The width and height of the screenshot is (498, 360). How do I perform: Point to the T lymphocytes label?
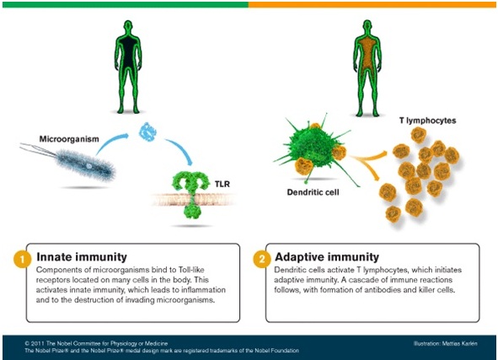(427, 121)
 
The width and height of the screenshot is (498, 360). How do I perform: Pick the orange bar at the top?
(372, 4)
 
